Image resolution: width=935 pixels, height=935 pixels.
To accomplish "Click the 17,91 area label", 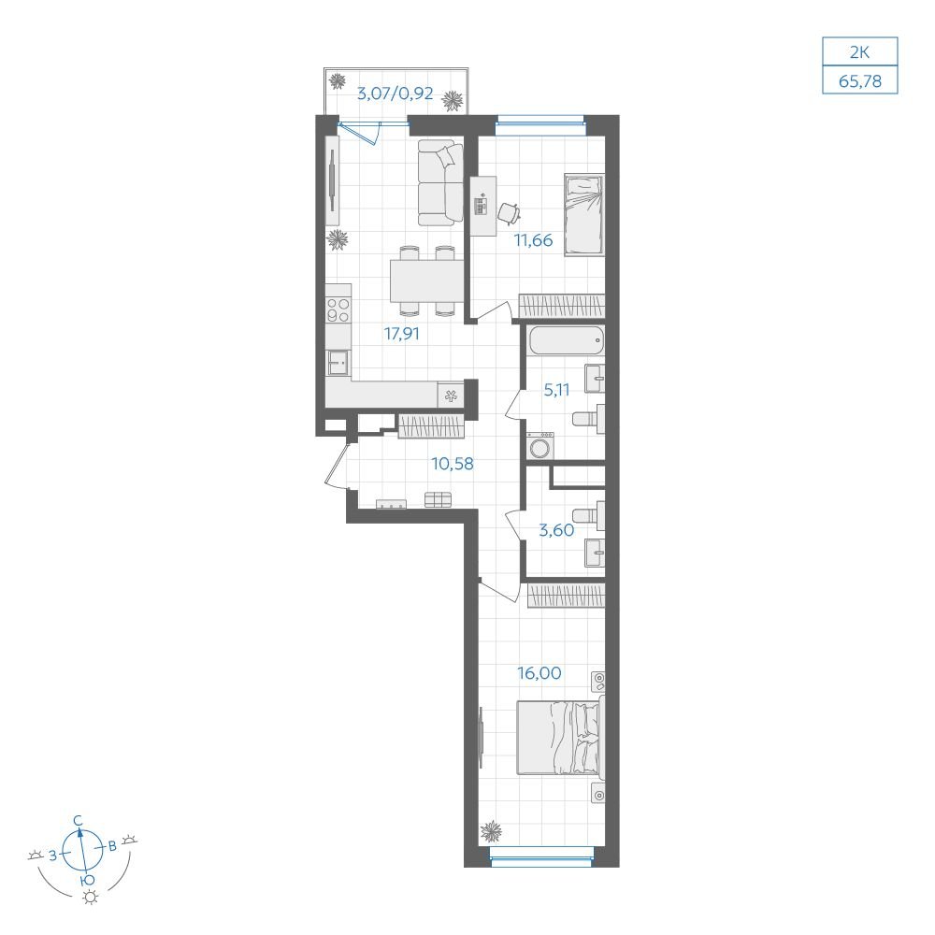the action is [x=401, y=334].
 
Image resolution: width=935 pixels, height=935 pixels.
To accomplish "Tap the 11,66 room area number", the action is [x=533, y=240].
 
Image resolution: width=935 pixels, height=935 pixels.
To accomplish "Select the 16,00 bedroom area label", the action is [x=539, y=673].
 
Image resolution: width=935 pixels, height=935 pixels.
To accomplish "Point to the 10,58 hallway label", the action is [x=453, y=464].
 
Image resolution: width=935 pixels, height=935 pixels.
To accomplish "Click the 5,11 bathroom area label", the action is [x=556, y=390].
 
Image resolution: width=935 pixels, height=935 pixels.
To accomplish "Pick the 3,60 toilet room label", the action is [x=556, y=530].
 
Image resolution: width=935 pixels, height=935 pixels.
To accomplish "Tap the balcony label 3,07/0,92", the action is [x=395, y=93].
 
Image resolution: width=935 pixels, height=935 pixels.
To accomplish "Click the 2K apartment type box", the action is [x=860, y=51].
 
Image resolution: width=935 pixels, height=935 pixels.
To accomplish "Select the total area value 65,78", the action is [x=860, y=80].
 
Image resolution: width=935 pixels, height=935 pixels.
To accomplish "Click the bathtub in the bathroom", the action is [x=566, y=342].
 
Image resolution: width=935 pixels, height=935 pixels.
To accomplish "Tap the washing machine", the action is [x=540, y=446].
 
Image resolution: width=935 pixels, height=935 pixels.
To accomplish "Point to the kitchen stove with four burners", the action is [x=338, y=310].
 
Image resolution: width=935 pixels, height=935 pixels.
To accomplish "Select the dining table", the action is [x=427, y=280].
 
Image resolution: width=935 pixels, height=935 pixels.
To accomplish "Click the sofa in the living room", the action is [x=440, y=182].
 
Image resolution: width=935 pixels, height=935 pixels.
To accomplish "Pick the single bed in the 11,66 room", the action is [x=584, y=215].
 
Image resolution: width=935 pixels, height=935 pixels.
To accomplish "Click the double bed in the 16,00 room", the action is [x=560, y=738].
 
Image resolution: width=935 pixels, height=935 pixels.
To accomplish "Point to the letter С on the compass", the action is [x=78, y=821].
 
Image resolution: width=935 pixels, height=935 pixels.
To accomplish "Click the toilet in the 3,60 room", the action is [x=588, y=515].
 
